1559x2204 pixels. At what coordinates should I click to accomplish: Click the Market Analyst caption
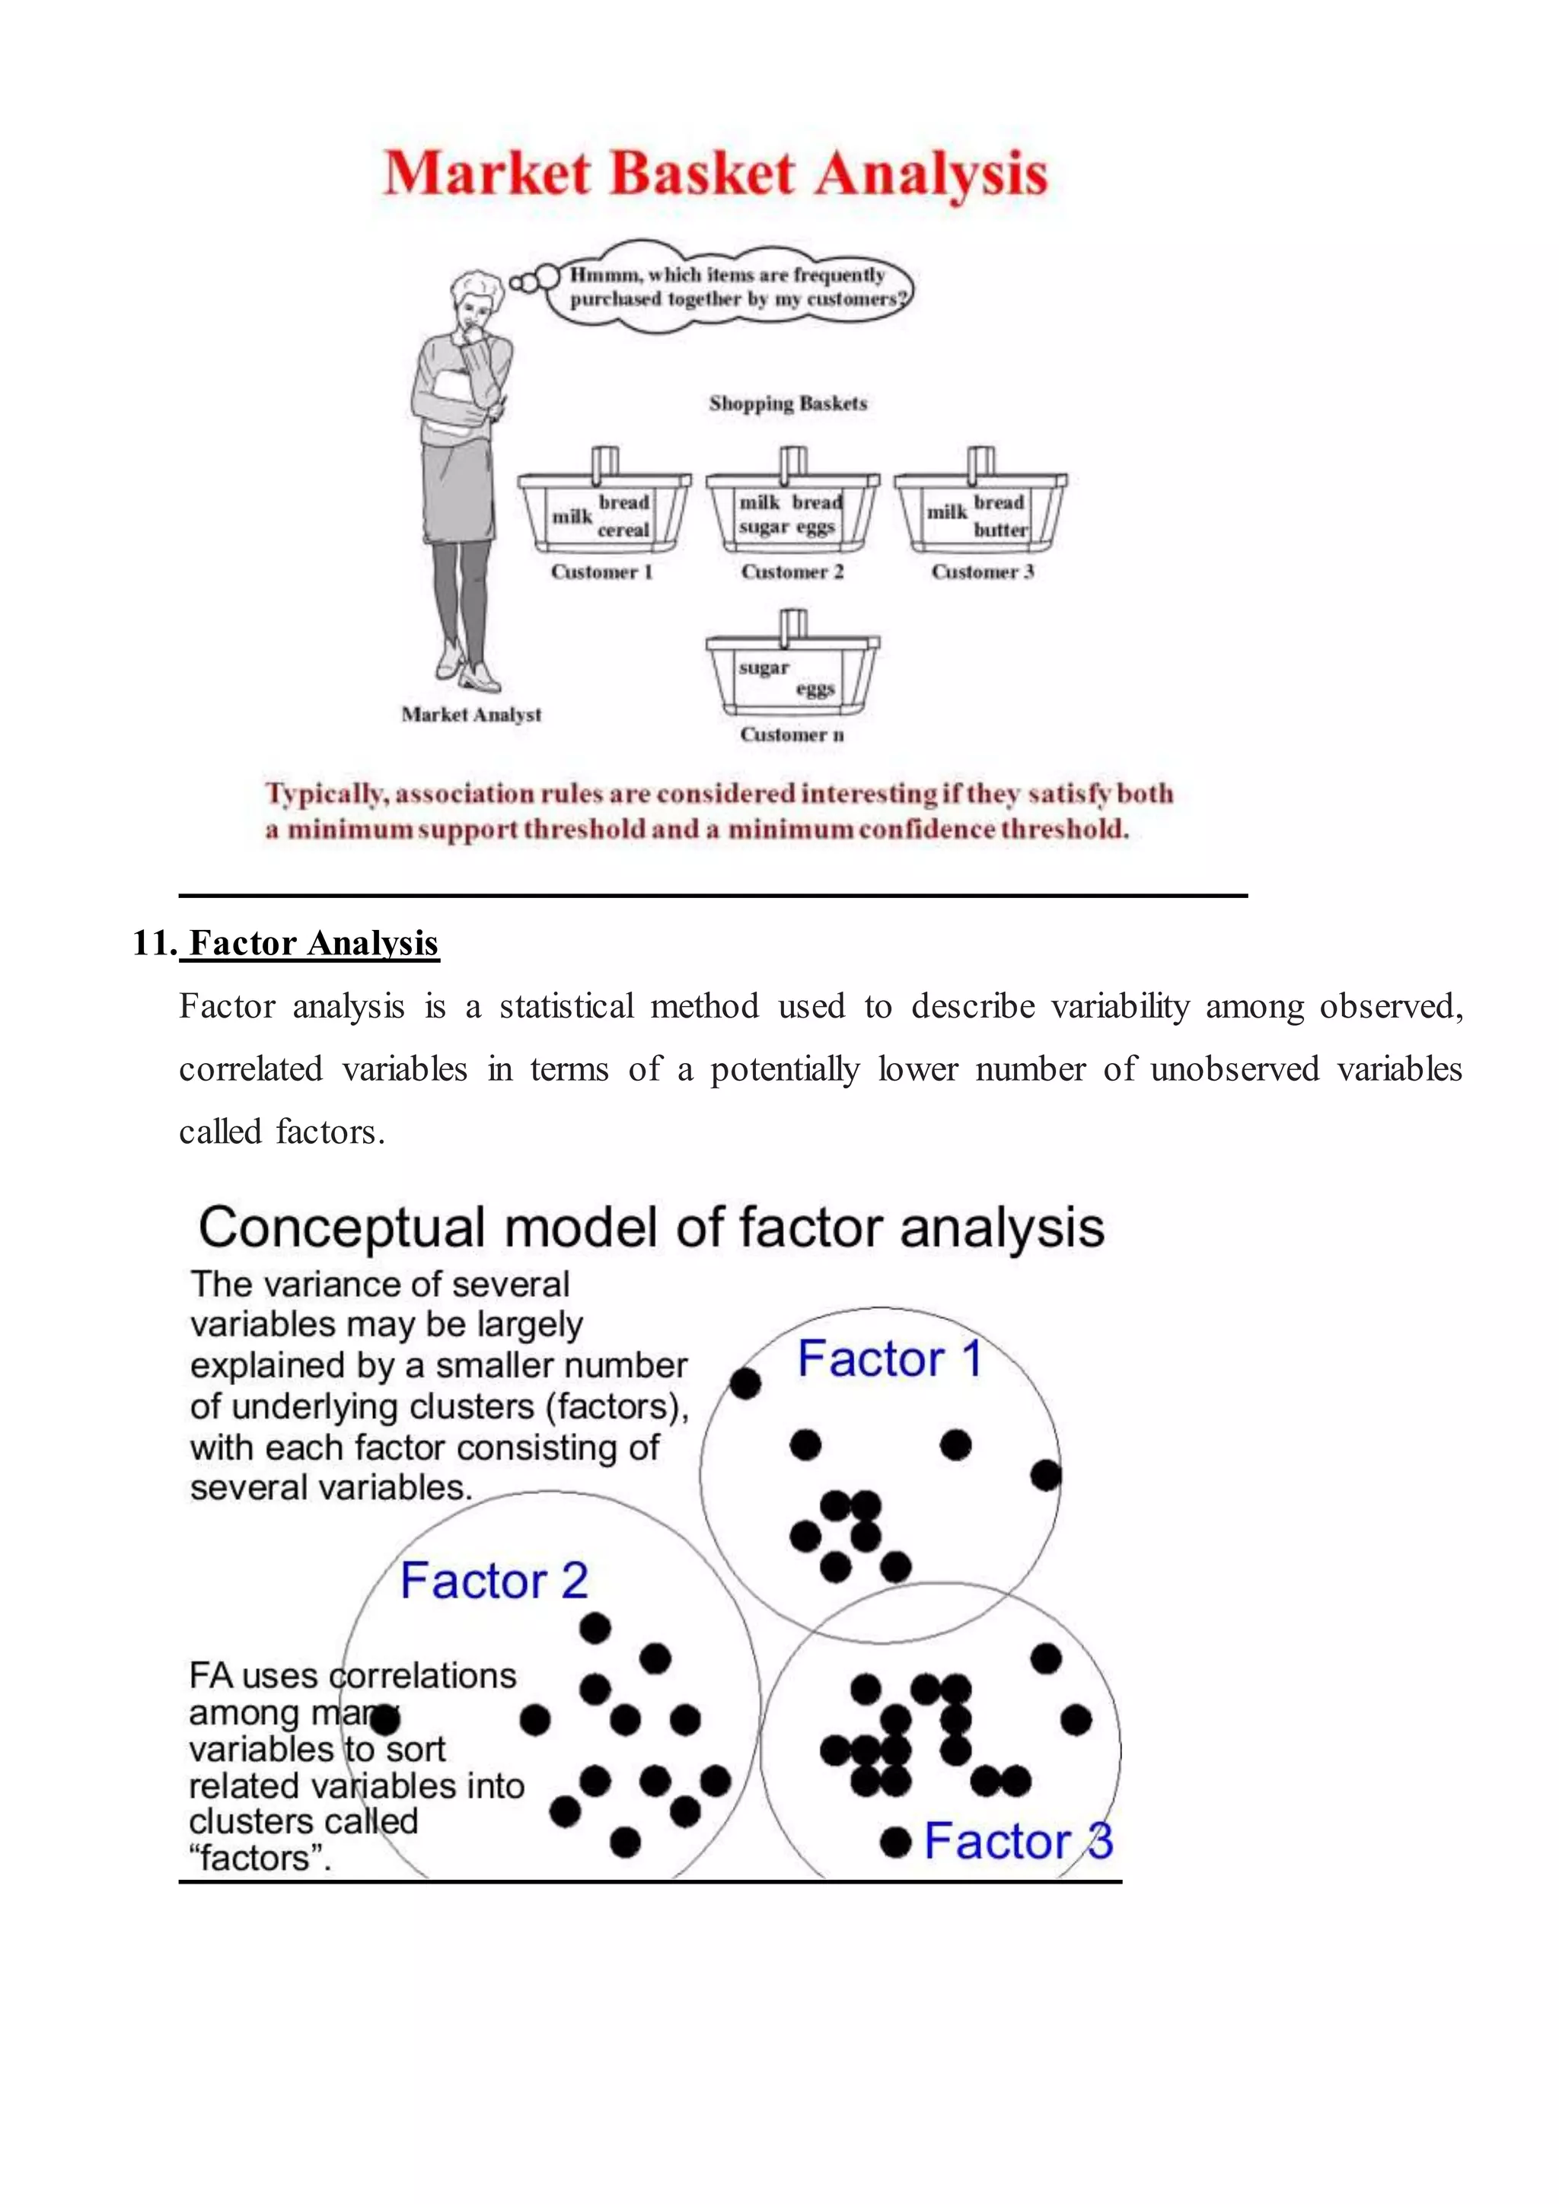[x=470, y=714]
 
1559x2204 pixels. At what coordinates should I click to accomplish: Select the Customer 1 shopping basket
[x=603, y=509]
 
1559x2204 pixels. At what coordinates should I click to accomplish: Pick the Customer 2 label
[x=792, y=572]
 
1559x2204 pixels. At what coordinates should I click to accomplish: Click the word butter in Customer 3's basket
[x=1000, y=530]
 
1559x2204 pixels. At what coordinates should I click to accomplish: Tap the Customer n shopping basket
[x=792, y=672]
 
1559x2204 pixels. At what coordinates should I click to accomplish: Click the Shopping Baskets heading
[x=787, y=403]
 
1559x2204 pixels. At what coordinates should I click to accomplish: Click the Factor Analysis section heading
[x=313, y=944]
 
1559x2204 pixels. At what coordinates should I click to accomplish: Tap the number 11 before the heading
[x=151, y=944]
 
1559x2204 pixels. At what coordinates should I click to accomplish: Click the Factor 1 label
[x=889, y=1359]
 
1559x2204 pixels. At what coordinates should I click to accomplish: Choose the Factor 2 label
[x=493, y=1581]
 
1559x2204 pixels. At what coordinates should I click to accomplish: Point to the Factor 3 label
[x=1018, y=1841]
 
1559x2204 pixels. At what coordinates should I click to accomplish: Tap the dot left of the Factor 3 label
[x=894, y=1842]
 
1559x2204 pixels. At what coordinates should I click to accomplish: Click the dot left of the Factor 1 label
[x=746, y=1384]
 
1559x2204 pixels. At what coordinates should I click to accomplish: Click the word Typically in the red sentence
[x=327, y=794]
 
